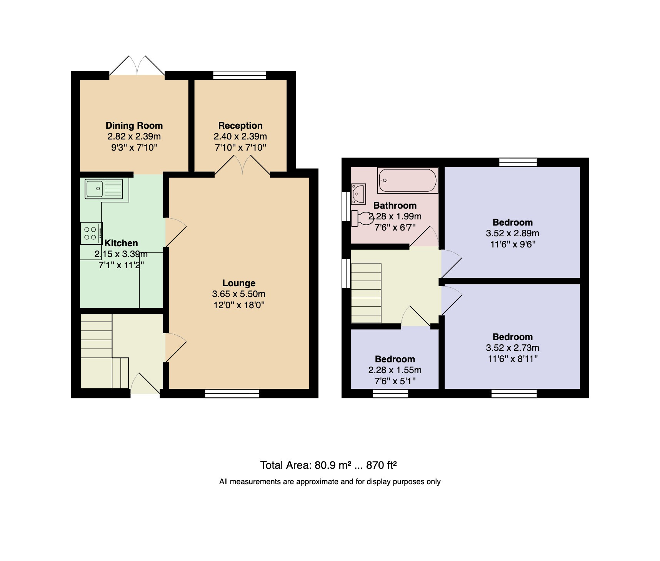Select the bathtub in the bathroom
click(x=408, y=180)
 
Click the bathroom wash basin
click(x=358, y=194)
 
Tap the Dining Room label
click(x=134, y=126)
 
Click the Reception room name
click(x=240, y=126)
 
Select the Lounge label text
click(x=239, y=283)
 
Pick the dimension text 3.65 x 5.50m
click(x=239, y=294)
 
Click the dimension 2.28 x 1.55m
click(x=395, y=370)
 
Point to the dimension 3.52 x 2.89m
click(x=513, y=234)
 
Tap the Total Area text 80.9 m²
click(x=333, y=465)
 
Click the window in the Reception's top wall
click(x=240, y=75)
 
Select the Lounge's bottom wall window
click(x=232, y=393)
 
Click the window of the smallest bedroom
click(x=390, y=393)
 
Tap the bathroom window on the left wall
click(x=346, y=206)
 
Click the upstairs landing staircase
click(x=366, y=293)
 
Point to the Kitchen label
click(x=121, y=243)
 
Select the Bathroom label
click(x=395, y=206)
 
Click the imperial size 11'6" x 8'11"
click(x=513, y=359)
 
